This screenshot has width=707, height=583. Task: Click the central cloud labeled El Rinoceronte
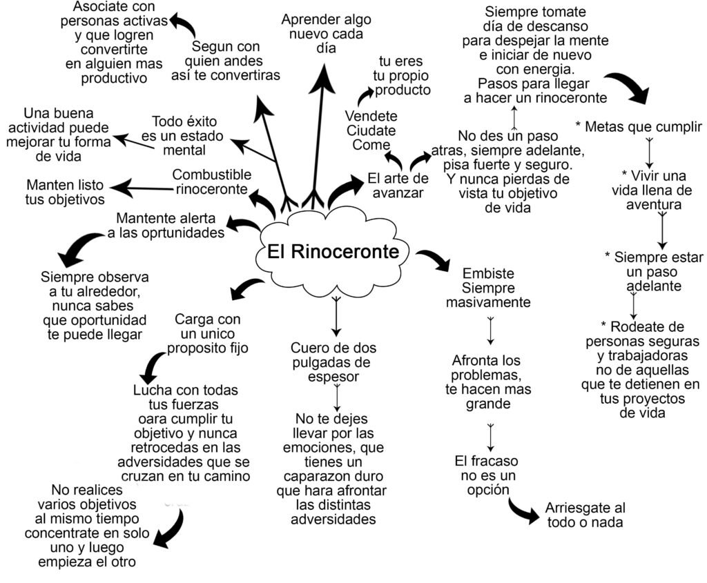pyautogui.click(x=333, y=252)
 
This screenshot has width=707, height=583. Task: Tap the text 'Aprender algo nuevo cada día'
pyautogui.click(x=321, y=34)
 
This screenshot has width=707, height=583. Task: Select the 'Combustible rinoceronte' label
pyautogui.click(x=211, y=181)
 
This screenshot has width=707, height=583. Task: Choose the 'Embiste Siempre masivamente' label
pyautogui.click(x=488, y=287)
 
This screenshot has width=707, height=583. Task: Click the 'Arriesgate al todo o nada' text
pyautogui.click(x=584, y=515)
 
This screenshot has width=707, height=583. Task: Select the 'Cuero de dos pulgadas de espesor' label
pyautogui.click(x=333, y=362)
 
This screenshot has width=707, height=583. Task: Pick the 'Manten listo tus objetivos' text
pyautogui.click(x=66, y=192)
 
